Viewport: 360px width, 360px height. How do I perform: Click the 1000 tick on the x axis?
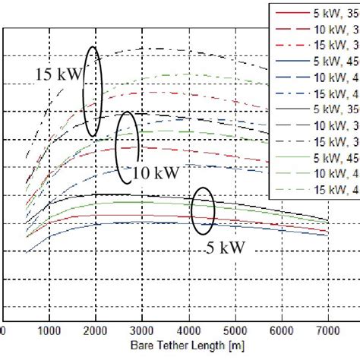coord(49,332)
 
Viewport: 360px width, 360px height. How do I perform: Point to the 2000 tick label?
coord(96,332)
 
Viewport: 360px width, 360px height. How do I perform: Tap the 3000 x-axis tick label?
coord(142,332)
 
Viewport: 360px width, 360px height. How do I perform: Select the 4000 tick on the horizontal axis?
coord(189,332)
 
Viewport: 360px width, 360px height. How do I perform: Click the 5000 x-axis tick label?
coord(235,332)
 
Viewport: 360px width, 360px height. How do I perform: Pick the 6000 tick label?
coord(283,332)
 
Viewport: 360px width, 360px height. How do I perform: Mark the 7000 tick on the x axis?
coord(328,332)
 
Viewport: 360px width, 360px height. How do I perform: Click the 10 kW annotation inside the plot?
coord(156,172)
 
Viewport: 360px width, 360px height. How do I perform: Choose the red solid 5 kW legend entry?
coord(315,13)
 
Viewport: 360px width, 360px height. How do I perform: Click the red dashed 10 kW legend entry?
coord(315,29)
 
